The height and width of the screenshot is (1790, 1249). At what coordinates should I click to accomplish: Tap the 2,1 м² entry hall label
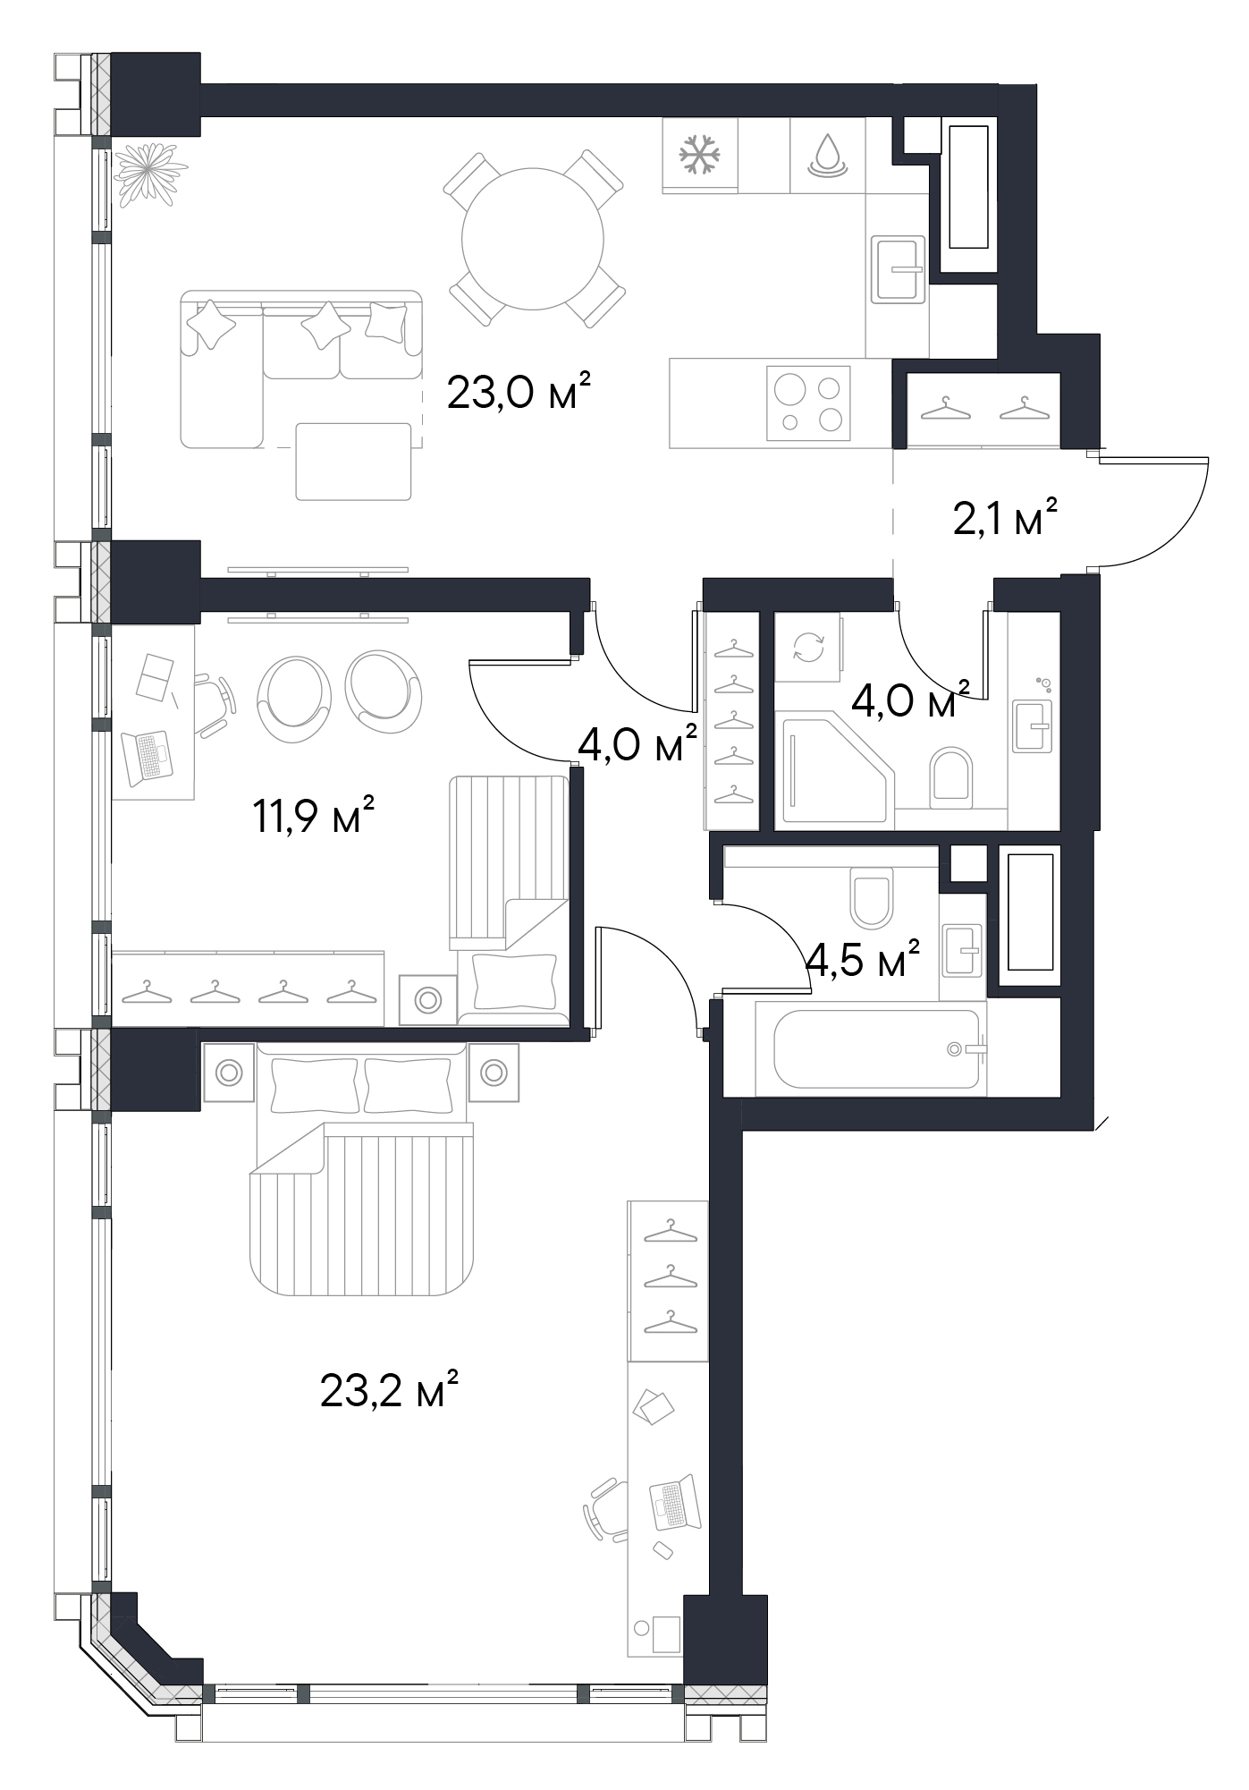tap(1007, 518)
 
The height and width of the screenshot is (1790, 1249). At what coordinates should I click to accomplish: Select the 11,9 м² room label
tap(313, 816)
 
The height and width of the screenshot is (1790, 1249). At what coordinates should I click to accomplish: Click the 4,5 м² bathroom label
tap(863, 958)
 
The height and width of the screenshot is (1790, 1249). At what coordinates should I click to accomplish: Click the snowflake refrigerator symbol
tap(700, 153)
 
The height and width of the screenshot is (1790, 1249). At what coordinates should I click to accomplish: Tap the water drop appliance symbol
tap(828, 154)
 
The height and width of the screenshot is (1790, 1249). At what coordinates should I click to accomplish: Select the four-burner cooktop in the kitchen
tap(808, 403)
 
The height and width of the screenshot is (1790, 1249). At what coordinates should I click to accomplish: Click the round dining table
tap(533, 239)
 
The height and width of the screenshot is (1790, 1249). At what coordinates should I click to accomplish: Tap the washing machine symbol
tap(807, 648)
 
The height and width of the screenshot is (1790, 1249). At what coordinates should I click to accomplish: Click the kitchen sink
tap(898, 268)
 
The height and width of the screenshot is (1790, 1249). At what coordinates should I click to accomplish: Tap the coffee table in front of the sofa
tap(354, 462)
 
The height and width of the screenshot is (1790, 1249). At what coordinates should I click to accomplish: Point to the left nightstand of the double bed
tap(228, 1072)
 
